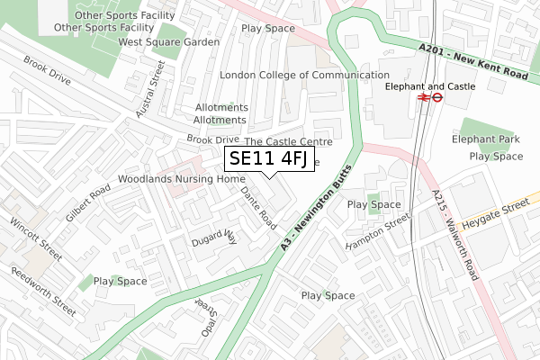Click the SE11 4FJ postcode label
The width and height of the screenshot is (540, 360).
tap(269, 160)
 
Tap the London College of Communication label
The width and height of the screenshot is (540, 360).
tap(304, 76)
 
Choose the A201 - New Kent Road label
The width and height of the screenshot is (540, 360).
tap(472, 64)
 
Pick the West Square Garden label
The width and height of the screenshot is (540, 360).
tap(169, 42)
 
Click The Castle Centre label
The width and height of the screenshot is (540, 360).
tap(288, 141)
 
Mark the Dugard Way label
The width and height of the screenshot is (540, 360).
tap(213, 238)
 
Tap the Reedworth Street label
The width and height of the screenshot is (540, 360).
tap(44, 292)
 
